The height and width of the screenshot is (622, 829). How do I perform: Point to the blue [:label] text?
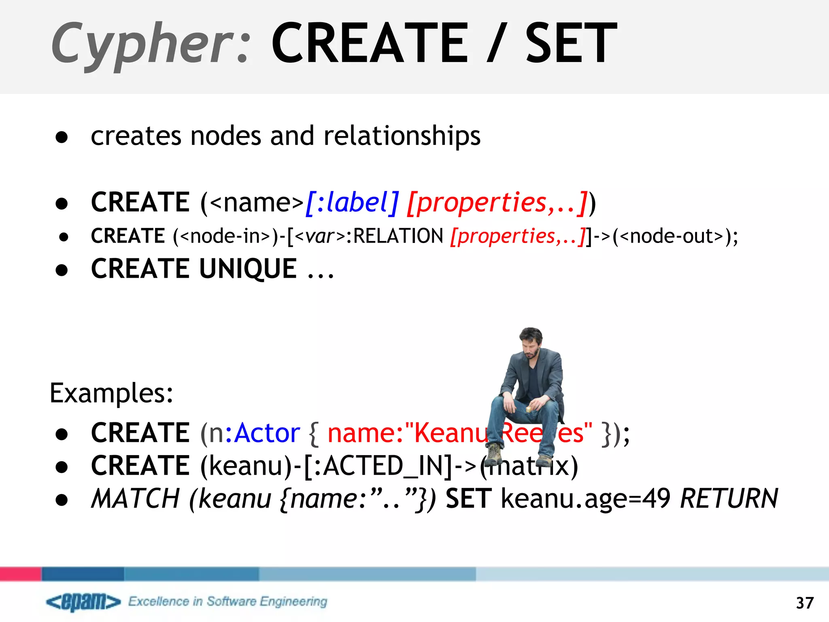click(x=352, y=202)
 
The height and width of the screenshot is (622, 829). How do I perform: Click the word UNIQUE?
click(x=248, y=268)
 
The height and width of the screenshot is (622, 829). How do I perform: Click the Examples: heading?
click(x=111, y=393)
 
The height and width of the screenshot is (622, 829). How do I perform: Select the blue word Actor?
click(x=268, y=433)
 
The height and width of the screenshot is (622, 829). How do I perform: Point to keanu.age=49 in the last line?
click(x=585, y=498)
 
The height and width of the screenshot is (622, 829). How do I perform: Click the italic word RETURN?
click(x=729, y=498)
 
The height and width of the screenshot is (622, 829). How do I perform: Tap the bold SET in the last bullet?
click(x=469, y=498)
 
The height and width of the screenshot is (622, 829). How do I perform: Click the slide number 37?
click(x=804, y=603)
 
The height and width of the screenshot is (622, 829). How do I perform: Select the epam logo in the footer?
click(x=83, y=602)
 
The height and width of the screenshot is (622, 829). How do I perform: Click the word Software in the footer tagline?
click(x=231, y=601)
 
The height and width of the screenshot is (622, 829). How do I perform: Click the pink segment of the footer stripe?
click(x=21, y=574)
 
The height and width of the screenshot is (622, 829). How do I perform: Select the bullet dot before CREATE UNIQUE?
click(x=62, y=270)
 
